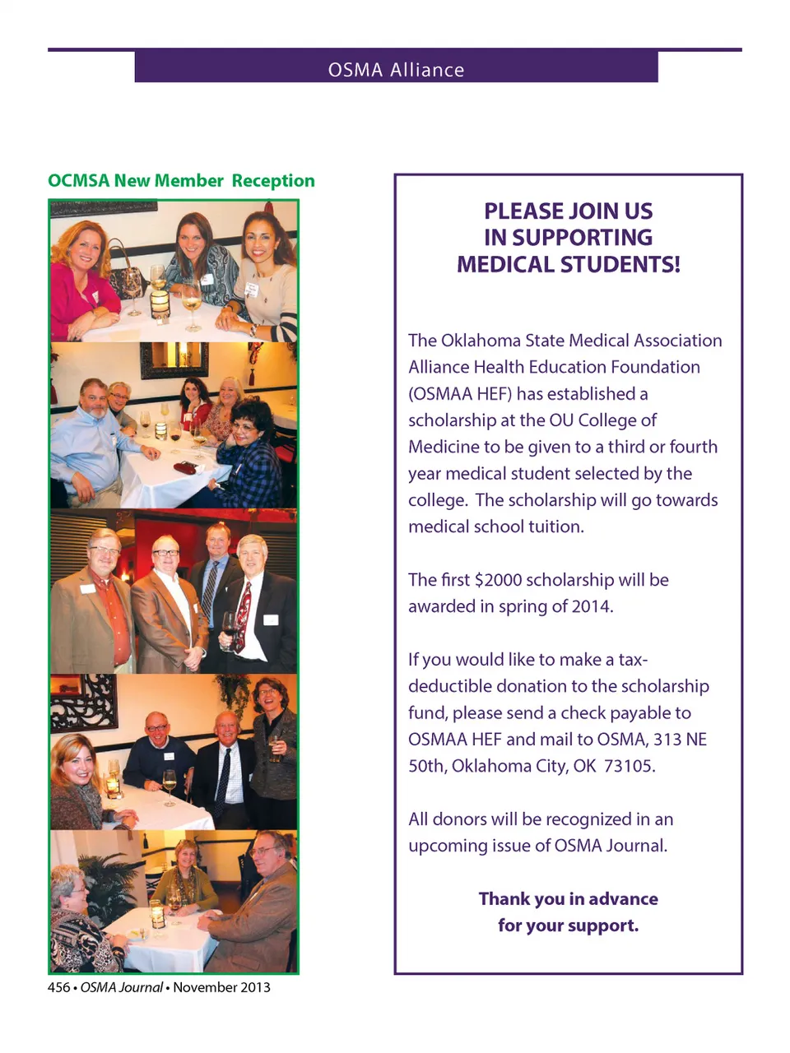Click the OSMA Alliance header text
396,70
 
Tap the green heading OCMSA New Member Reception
181,181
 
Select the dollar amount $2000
498,580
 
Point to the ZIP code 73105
629,766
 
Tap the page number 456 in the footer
58,987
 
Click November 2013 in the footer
221,987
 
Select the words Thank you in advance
568,899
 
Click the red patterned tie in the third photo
243,617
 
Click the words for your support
568,925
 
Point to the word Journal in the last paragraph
634,846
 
